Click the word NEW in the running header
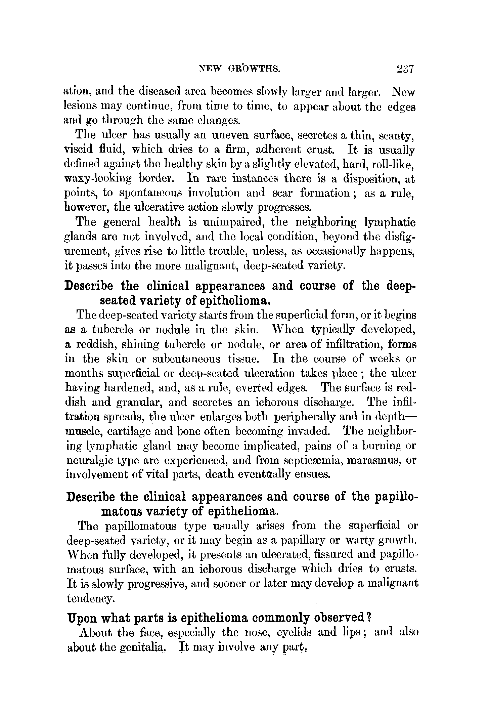point(211,69)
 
